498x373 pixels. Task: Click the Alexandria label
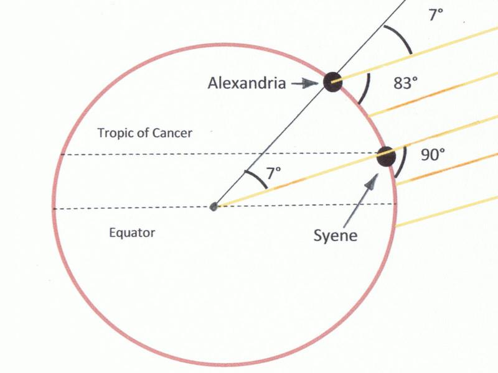click(247, 83)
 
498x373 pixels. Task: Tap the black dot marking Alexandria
click(333, 82)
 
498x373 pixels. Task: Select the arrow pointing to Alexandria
click(304, 83)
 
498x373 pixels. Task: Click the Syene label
click(336, 236)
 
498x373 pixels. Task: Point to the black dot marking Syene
click(386, 157)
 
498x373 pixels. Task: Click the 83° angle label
click(406, 83)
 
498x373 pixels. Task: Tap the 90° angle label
click(433, 155)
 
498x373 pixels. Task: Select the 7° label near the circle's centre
click(273, 173)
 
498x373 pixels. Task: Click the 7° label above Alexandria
click(436, 14)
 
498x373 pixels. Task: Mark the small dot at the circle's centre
click(214, 207)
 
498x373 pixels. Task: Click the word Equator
click(132, 233)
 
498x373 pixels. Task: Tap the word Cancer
click(172, 133)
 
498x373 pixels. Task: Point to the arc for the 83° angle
click(365, 89)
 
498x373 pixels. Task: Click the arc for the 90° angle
click(401, 162)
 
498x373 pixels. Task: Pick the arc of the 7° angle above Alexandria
click(400, 38)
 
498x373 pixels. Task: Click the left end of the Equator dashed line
click(53, 209)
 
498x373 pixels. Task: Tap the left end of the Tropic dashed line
click(61, 154)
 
